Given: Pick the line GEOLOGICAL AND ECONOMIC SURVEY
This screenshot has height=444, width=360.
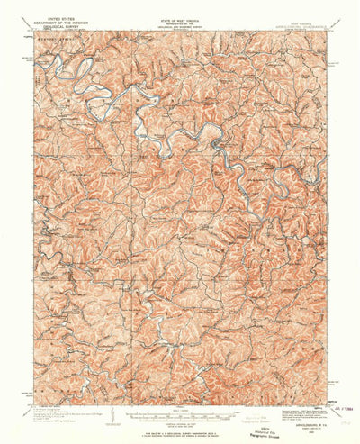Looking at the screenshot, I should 176,17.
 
